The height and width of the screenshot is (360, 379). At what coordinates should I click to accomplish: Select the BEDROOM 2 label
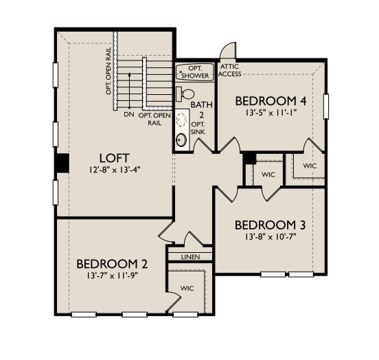(x=112, y=263)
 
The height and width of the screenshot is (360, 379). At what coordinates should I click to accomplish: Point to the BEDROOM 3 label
(x=271, y=225)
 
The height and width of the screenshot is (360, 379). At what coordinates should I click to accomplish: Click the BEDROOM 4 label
(x=270, y=99)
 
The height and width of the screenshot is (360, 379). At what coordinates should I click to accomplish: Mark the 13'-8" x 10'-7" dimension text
(x=271, y=237)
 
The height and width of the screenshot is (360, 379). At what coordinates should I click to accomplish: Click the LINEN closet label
(x=189, y=257)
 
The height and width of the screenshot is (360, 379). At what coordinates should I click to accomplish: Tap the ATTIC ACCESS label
(x=229, y=70)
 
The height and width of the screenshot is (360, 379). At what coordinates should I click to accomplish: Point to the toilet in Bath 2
(x=185, y=93)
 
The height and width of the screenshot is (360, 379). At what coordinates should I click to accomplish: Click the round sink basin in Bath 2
(x=181, y=141)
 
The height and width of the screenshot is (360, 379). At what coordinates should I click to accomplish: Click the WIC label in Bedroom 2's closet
(x=187, y=289)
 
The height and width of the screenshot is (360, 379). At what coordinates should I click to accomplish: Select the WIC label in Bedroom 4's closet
(x=310, y=166)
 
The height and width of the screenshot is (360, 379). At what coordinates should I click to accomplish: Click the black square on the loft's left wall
(x=62, y=164)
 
